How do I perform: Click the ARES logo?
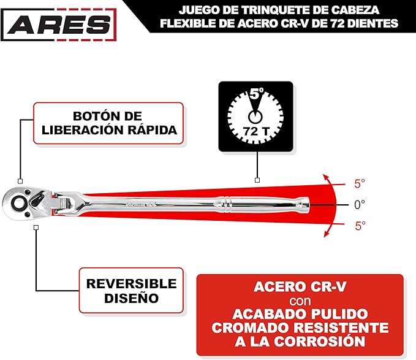[59, 25]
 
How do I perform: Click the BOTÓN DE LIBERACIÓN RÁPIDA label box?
[108, 123]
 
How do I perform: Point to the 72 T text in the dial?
[255, 131]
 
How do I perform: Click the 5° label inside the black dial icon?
[256, 93]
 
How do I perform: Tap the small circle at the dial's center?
[255, 117]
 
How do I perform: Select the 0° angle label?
[360, 205]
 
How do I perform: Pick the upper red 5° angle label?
[360, 184]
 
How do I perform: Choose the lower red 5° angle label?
[360, 226]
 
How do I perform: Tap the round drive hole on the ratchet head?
[18, 204]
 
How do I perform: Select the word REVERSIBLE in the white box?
[131, 283]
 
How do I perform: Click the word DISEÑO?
[131, 298]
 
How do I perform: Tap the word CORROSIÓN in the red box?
[319, 342]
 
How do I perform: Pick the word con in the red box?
[300, 301]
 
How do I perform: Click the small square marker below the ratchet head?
[36, 228]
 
